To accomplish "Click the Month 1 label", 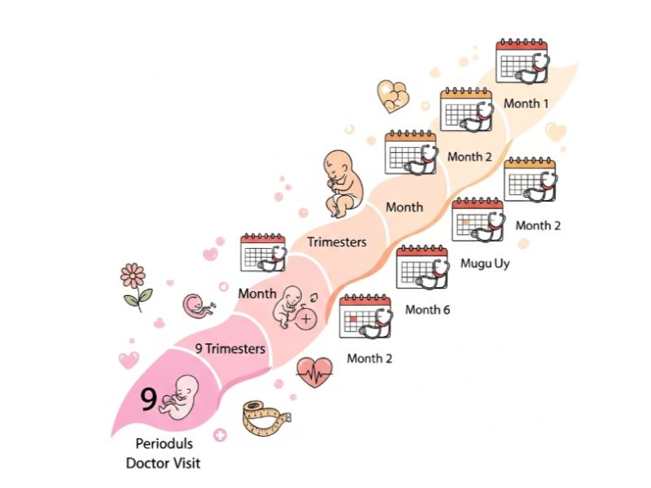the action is coord(526,103).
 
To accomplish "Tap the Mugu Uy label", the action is coord(485,264).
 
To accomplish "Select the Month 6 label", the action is coord(427,310).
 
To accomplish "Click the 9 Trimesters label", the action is coord(230,348).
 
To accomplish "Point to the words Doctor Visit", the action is coord(164,463).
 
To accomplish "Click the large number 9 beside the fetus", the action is coord(148,399).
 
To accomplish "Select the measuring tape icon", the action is coord(266,418).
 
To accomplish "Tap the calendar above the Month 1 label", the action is coord(522,62).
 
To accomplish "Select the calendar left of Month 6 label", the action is coord(422,268).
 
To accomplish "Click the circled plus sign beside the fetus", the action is coord(306,319).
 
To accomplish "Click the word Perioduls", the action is coord(164,443).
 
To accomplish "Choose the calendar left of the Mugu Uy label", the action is coord(478,220).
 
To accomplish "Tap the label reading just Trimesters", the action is coord(337,242).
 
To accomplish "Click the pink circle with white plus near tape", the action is coord(220,435).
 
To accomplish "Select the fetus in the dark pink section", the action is coord(179,398).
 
